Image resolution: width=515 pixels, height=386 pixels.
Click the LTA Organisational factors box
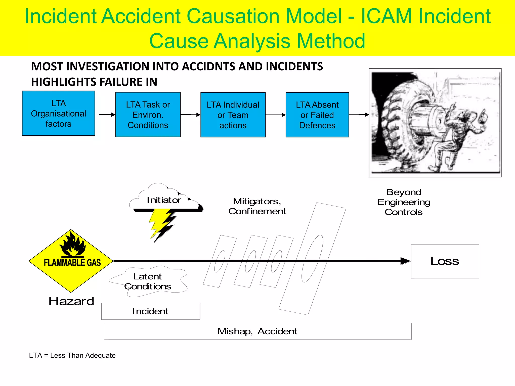[x=58, y=113]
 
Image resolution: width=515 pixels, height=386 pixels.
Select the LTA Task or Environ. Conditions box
[x=148, y=115]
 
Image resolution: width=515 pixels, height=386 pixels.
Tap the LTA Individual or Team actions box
[x=233, y=115]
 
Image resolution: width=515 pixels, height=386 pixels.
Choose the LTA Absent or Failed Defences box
[x=317, y=115]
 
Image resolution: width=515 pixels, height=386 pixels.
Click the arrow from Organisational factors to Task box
[x=107, y=115]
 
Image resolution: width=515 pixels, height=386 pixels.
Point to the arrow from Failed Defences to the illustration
[x=359, y=115]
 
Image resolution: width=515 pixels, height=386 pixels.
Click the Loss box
[x=445, y=261]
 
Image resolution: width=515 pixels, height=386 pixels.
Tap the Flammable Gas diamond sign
[x=71, y=261]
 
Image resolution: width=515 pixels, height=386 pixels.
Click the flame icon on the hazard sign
[x=72, y=245]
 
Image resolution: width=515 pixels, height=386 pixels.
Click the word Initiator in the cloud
[x=164, y=200]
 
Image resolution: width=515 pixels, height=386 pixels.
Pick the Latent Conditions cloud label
[x=148, y=281]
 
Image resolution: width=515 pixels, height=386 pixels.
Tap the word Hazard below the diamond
[x=71, y=301]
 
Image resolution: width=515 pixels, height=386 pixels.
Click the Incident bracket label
[x=150, y=311]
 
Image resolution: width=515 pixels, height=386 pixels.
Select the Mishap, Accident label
[x=257, y=331]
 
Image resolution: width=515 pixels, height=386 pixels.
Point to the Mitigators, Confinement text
[x=257, y=206]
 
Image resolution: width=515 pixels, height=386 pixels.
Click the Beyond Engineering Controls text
[x=404, y=202]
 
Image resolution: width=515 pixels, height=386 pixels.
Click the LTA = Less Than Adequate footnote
[x=72, y=355]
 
